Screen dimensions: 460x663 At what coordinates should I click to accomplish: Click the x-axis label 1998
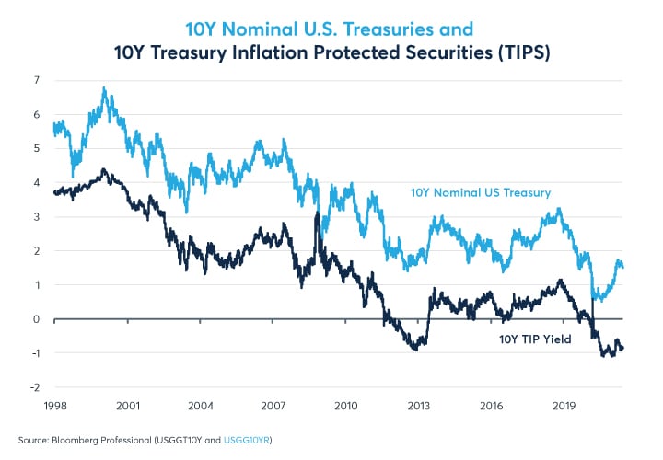(55, 405)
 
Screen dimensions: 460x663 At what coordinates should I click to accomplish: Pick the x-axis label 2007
(273, 405)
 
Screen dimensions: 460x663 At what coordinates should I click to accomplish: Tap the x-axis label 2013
(420, 405)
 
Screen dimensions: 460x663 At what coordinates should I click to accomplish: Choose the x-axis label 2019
(564, 405)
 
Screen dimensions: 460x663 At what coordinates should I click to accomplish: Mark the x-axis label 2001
(128, 405)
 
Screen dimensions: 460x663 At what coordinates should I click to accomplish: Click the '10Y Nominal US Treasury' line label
(480, 193)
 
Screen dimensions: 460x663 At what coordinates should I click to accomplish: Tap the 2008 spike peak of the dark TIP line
(317, 213)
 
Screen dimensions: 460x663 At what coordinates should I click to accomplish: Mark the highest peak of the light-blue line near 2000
(104, 89)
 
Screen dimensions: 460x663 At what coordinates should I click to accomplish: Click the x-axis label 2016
(493, 405)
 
